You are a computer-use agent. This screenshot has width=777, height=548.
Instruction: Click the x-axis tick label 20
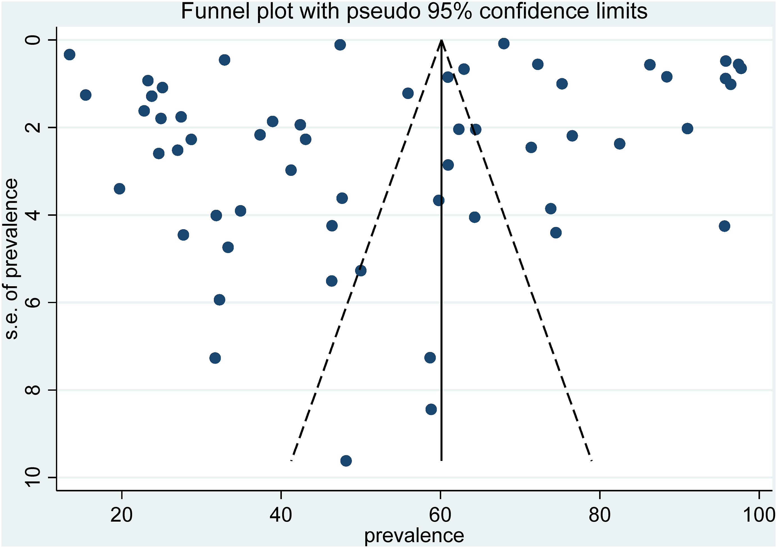click(x=121, y=515)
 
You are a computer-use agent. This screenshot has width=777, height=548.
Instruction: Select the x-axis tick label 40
click(x=281, y=515)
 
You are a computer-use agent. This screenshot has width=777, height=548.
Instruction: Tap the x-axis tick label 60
click(x=440, y=515)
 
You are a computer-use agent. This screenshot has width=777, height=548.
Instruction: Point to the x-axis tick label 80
click(x=600, y=515)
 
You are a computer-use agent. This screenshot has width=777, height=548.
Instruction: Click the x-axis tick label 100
click(x=758, y=515)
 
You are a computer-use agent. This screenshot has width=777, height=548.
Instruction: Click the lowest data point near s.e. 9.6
click(x=346, y=460)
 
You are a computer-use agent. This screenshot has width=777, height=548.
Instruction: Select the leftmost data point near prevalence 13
click(x=69, y=54)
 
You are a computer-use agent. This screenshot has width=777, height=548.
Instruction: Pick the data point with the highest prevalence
click(x=741, y=69)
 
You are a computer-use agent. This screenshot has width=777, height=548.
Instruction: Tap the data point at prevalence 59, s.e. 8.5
click(x=431, y=409)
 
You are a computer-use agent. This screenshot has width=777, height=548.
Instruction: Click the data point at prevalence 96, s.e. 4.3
click(x=724, y=226)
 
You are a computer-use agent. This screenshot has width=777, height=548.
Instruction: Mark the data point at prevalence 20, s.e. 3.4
click(x=119, y=188)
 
